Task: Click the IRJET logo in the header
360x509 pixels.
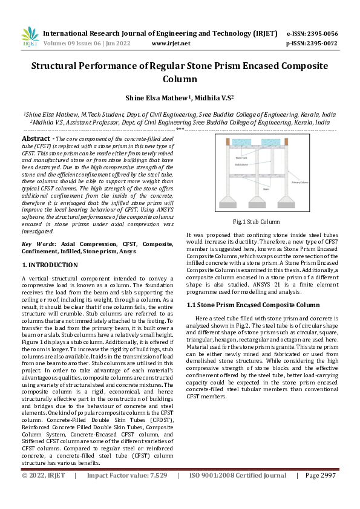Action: (x=30, y=37)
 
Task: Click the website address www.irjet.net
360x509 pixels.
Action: (x=171, y=44)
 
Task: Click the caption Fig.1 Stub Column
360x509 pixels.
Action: (x=260, y=222)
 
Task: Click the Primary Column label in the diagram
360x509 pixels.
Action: (x=300, y=181)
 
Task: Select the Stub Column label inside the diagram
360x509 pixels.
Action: (x=241, y=164)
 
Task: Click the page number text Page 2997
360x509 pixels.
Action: (x=320, y=493)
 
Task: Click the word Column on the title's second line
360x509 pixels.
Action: (x=180, y=79)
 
